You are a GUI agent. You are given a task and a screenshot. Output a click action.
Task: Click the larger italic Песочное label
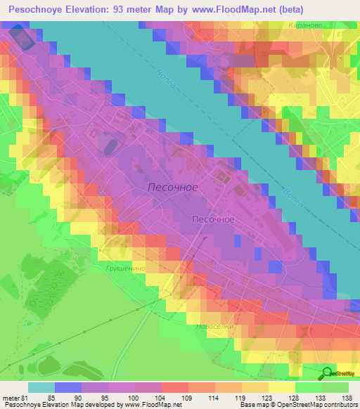(x=173, y=188)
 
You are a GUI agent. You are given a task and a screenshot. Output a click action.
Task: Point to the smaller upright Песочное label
(x=213, y=219)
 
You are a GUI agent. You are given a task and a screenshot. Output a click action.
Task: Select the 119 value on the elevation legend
(x=229, y=397)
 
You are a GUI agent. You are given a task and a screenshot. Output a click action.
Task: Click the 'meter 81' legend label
(x=15, y=397)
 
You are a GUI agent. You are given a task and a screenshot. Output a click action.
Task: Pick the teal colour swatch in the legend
(x=41, y=387)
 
